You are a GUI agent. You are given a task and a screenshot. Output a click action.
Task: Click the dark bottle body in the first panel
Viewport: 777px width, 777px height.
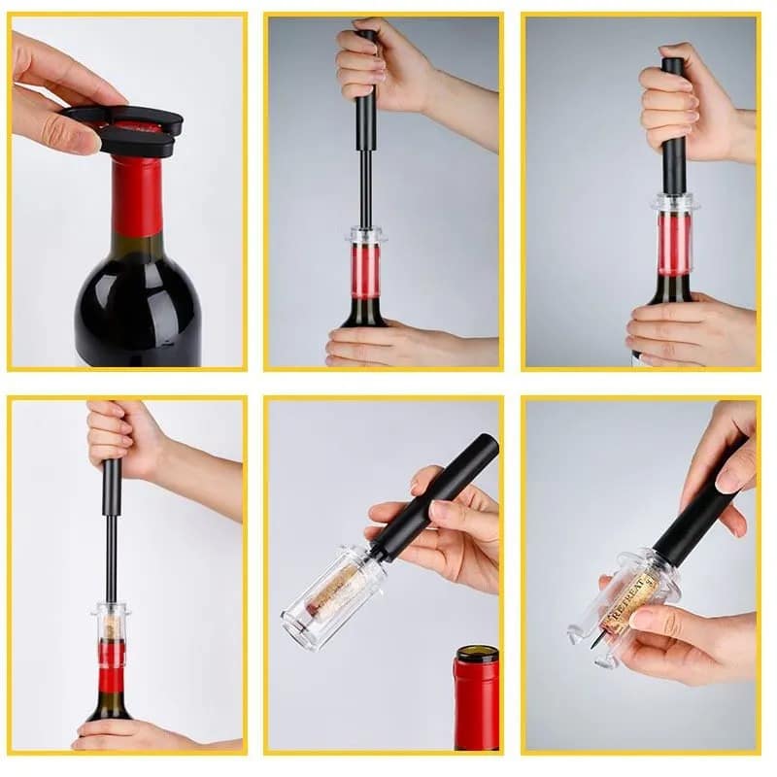(136, 301)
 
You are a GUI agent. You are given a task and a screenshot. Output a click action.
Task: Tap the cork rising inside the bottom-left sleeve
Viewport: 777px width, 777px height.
(113, 626)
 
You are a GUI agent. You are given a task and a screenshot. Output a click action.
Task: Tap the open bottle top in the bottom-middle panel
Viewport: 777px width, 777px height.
(477, 655)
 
